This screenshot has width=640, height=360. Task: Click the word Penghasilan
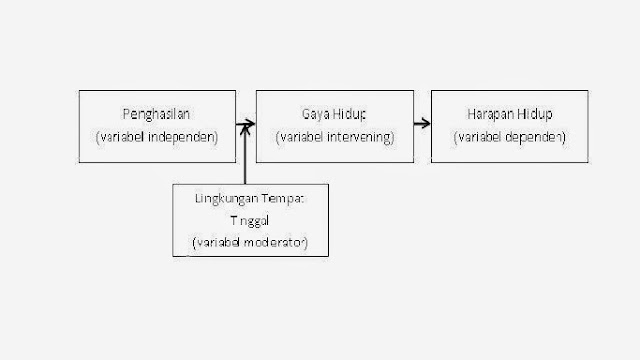[x=157, y=114]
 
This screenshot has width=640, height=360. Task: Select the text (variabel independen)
[x=157, y=136]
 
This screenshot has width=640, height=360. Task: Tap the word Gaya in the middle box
[x=314, y=114]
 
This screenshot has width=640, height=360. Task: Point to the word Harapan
[x=487, y=114]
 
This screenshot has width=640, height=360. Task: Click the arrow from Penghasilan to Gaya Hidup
[x=244, y=125]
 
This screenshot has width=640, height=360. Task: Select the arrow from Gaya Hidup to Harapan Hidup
[x=420, y=125]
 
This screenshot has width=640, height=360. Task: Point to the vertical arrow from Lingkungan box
[x=245, y=155]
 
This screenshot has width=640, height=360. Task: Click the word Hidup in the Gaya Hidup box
[x=352, y=114]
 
